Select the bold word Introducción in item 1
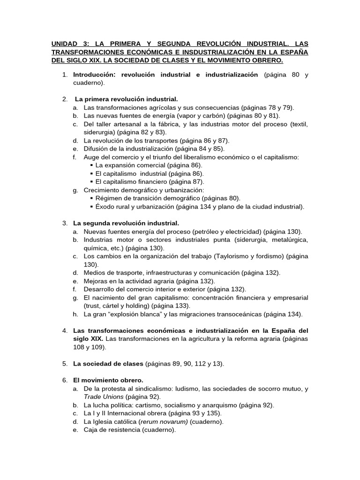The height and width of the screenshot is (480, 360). click(94, 75)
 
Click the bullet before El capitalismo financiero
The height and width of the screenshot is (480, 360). click(91, 181)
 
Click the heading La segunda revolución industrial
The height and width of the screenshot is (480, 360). click(126, 223)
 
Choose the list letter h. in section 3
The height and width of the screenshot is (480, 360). click(75, 314)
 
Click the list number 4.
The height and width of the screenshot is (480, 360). click(65, 330)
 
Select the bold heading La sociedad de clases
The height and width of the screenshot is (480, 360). click(108, 364)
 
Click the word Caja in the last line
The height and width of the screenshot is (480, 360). click(91, 430)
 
